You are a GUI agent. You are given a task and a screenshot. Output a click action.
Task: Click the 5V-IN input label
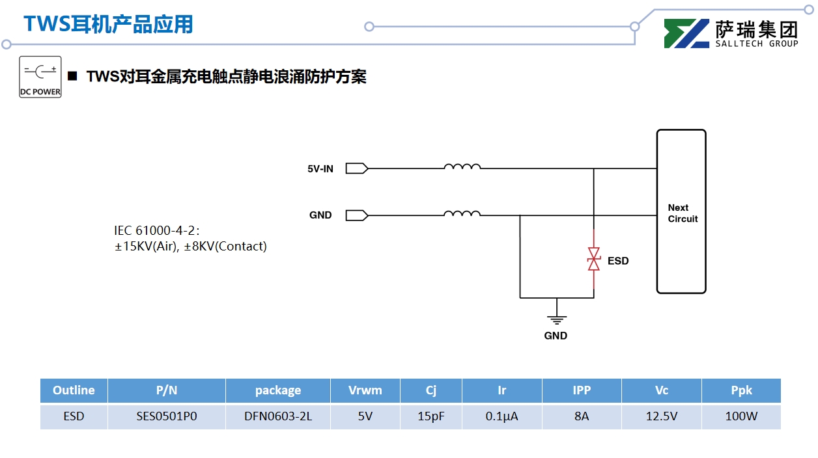320,169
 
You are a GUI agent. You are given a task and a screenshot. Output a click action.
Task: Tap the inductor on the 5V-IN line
462,167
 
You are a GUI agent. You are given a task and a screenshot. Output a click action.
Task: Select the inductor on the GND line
462,213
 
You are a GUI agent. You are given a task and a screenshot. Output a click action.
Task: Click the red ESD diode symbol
593,259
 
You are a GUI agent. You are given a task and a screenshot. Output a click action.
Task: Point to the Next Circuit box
681,212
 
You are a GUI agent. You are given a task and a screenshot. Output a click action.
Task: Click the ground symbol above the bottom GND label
556,319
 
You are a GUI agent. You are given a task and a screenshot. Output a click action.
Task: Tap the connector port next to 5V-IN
356,168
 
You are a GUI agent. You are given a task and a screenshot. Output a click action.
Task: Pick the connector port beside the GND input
356,215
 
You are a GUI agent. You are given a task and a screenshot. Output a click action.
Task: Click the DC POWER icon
40,77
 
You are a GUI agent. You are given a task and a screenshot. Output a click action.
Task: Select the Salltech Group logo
731,34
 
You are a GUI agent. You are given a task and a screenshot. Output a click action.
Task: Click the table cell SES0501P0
167,416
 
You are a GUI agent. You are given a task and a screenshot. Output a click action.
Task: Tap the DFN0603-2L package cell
278,416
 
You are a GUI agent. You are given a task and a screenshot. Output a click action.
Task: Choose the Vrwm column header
365,390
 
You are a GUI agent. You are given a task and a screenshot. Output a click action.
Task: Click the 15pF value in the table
431,416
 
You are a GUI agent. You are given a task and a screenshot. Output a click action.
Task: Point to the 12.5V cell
662,416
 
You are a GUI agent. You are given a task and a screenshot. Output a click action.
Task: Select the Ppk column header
741,390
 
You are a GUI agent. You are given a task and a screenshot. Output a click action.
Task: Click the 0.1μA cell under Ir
502,416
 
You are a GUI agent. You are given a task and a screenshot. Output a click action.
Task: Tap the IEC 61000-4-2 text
156,230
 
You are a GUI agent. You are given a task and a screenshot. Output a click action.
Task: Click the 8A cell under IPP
582,416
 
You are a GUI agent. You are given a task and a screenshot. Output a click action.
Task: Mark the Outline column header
74,390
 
